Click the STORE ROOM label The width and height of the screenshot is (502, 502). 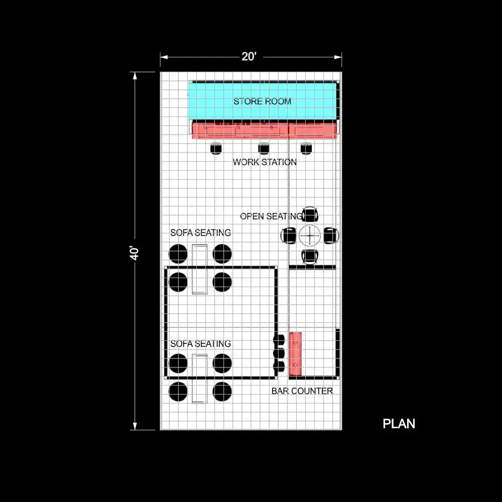[262, 101]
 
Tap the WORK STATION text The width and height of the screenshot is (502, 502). [265, 162]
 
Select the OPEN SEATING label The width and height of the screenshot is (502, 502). [271, 216]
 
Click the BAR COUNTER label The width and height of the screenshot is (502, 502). [302, 391]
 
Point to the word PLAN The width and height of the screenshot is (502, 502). [399, 424]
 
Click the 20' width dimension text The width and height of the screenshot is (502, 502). [249, 57]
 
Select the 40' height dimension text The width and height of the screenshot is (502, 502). [134, 253]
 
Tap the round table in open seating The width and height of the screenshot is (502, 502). [310, 235]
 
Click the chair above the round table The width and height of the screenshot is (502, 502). [310, 214]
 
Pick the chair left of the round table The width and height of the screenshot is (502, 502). [289, 235]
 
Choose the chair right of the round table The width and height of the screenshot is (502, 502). [331, 235]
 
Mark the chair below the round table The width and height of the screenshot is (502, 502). [310, 257]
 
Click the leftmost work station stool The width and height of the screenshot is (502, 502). [216, 149]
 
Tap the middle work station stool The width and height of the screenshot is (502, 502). [264, 149]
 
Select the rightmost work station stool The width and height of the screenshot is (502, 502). [306, 149]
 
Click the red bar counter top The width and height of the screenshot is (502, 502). [295, 354]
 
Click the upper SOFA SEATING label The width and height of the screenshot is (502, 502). [200, 233]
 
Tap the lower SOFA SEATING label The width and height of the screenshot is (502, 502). [200, 344]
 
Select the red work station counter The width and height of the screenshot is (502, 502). [264, 131]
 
